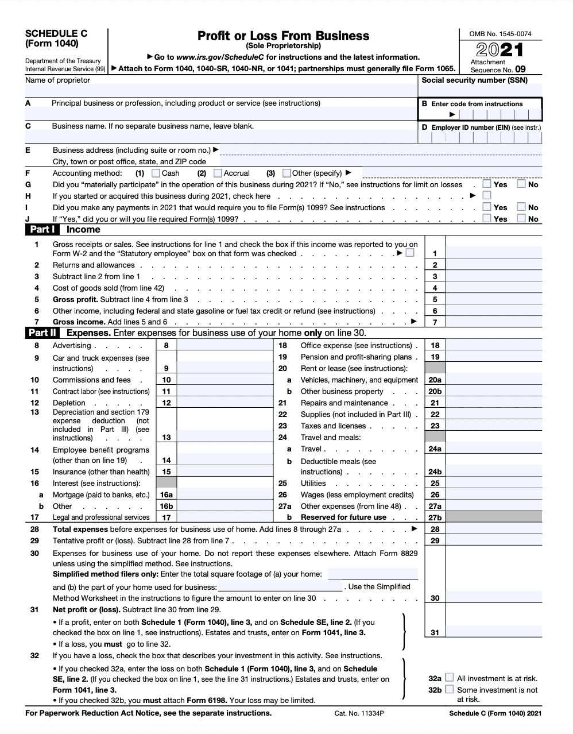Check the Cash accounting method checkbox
[x=156, y=173]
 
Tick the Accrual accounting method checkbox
[x=218, y=173]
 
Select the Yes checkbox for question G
[x=487, y=184]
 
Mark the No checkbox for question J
[x=521, y=218]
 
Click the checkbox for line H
[x=487, y=196]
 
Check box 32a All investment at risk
[x=450, y=678]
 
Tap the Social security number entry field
[x=480, y=91]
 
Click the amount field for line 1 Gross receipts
[x=494, y=253]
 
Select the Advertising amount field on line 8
[x=224, y=345]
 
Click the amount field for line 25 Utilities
[x=494, y=483]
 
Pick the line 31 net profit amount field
[x=494, y=632]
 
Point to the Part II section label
[x=42, y=333]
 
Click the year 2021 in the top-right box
[x=499, y=50]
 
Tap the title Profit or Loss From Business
[x=283, y=36]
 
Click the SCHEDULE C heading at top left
[x=56, y=33]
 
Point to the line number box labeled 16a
[x=167, y=495]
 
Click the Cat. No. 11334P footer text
[x=359, y=713]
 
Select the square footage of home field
[x=373, y=574]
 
